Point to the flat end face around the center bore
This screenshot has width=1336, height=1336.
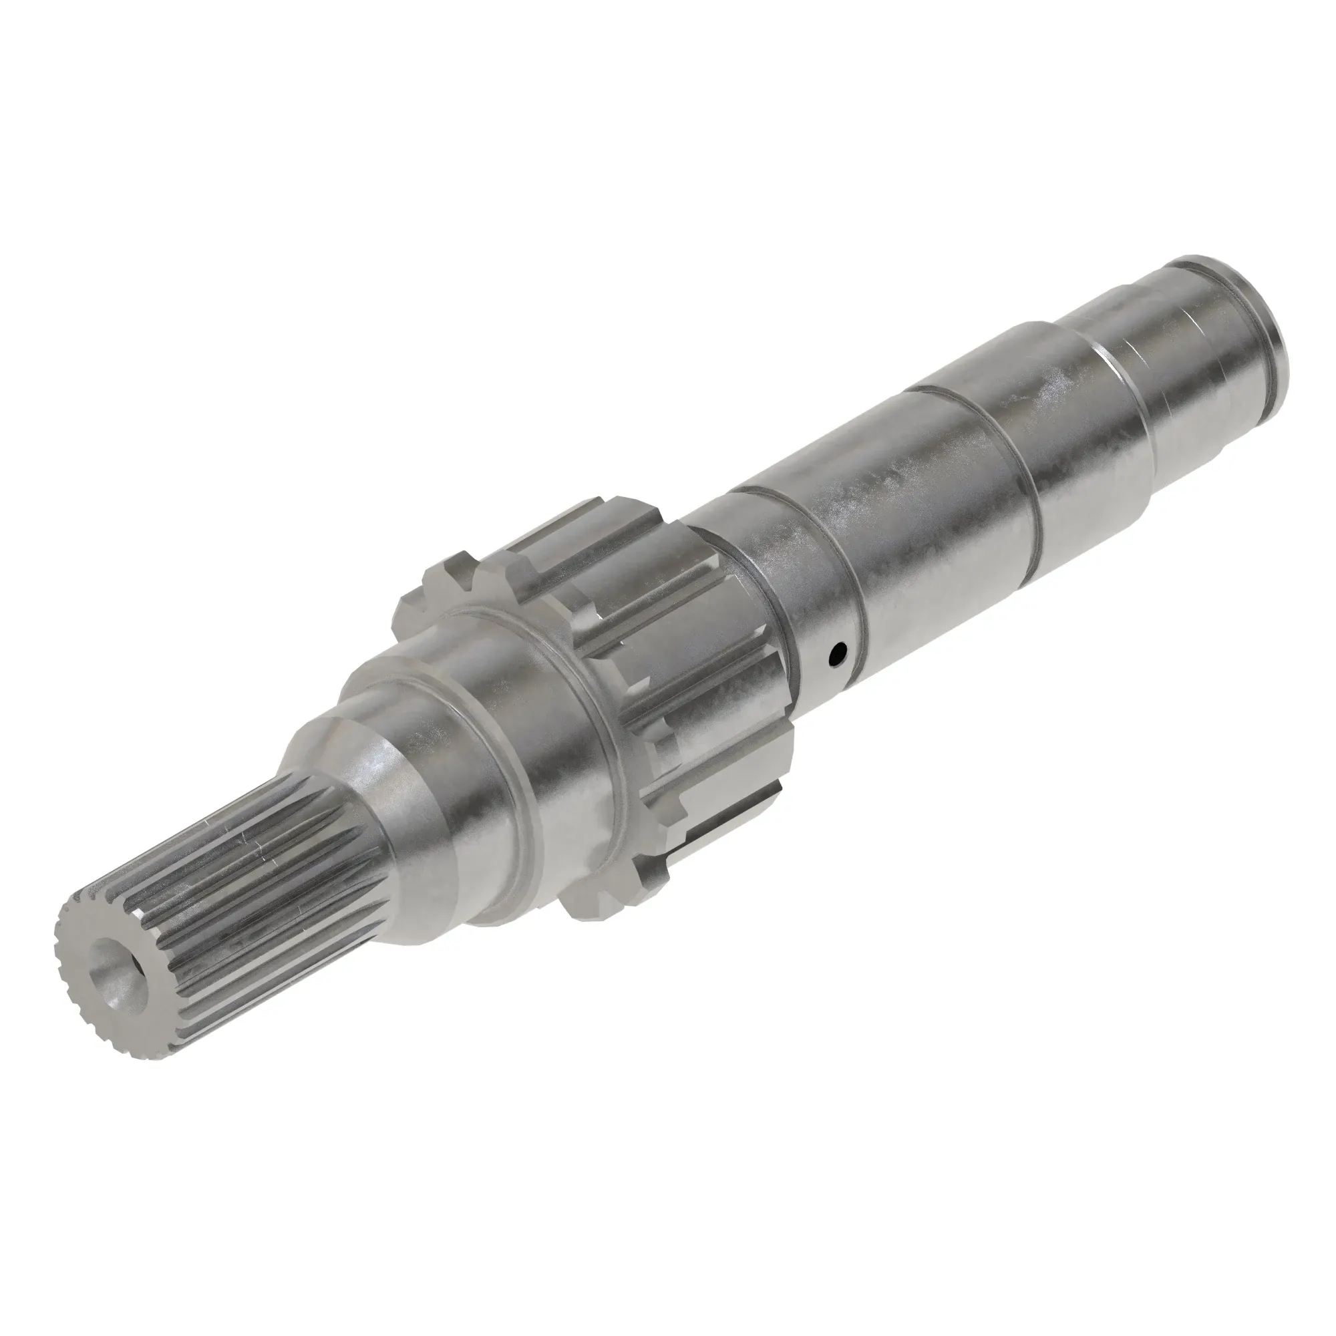click(90, 982)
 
